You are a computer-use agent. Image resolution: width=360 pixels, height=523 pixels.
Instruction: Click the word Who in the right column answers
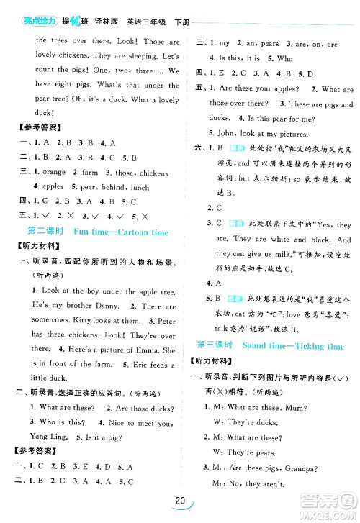pos(284,58)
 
